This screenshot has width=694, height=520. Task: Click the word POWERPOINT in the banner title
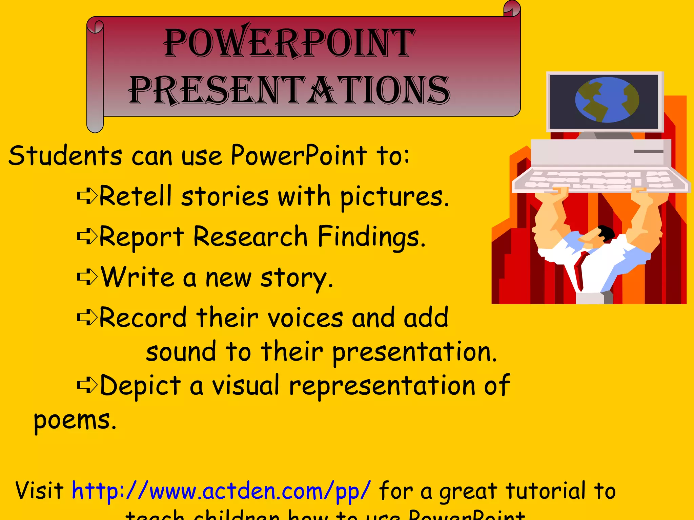pos(290,43)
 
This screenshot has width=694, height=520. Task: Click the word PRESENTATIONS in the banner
pos(290,90)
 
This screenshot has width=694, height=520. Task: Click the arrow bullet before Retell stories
pos(87,196)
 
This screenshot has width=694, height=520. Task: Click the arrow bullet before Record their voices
pos(87,318)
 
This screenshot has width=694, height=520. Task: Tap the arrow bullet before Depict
pos(87,385)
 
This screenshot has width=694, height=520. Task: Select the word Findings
pos(371,237)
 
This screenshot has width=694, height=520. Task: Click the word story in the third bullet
pos(296,278)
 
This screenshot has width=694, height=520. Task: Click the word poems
pos(75,421)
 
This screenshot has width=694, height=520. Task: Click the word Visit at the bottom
pos(39,491)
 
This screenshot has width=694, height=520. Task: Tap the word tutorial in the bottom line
pos(545,491)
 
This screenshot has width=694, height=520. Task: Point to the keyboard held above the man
pos(600,180)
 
